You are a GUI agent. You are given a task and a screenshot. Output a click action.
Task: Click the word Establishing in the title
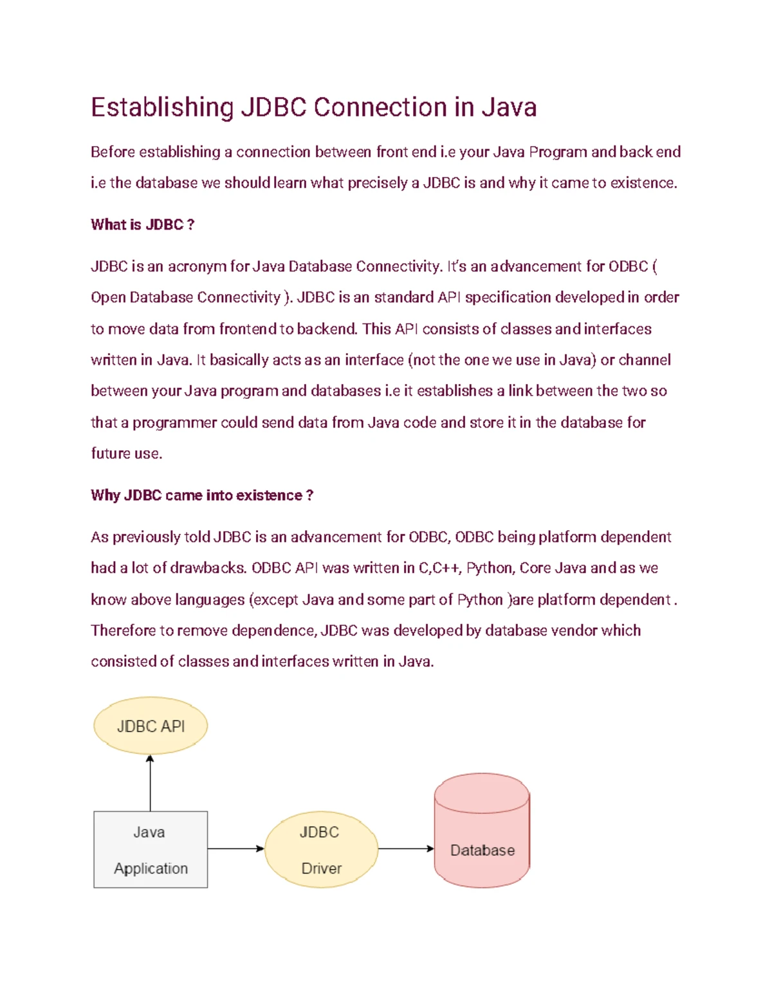(161, 107)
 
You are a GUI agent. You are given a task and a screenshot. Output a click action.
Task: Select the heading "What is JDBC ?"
(142, 225)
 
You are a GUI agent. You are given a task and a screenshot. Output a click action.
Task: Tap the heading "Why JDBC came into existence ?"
(201, 495)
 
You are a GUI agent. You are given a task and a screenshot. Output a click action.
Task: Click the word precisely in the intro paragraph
(377, 183)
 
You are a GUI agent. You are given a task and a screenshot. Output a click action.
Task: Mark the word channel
(645, 360)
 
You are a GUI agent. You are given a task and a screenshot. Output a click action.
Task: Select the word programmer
(174, 423)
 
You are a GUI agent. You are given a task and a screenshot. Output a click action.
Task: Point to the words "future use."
(126, 454)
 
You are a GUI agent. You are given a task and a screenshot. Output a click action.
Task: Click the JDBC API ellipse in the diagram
(151, 726)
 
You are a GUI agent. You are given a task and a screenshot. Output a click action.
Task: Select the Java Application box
(151, 850)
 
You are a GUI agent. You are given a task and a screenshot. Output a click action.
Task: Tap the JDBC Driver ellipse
(321, 850)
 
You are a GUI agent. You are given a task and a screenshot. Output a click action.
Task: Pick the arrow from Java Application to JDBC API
(151, 784)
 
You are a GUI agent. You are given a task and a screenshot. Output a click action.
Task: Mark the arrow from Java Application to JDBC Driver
(235, 848)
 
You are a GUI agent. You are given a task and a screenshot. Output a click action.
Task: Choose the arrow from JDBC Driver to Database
(406, 848)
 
